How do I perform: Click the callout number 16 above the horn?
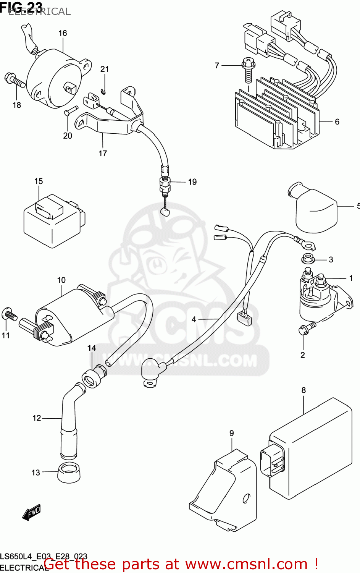pyautogui.click(x=63, y=33)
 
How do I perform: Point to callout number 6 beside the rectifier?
pyautogui.click(x=337, y=121)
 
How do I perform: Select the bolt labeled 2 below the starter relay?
pyautogui.click(x=307, y=328)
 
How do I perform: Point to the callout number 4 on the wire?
pyautogui.click(x=194, y=319)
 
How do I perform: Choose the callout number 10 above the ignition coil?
pyautogui.click(x=61, y=280)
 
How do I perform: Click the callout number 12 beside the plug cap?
pyautogui.click(x=36, y=418)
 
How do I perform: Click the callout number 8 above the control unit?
pyautogui.click(x=303, y=390)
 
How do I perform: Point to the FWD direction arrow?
pyautogui.click(x=31, y=513)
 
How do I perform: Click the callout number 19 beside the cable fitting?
pyautogui.click(x=192, y=182)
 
